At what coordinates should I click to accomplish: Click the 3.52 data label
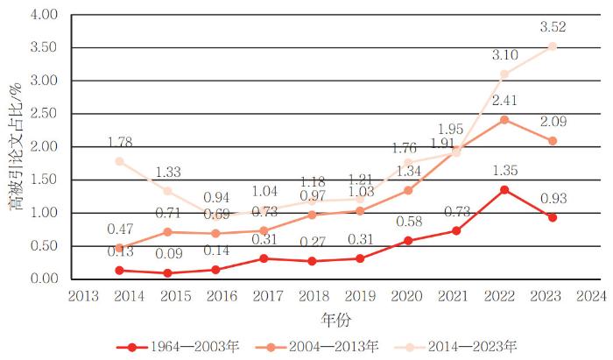pos(553,27)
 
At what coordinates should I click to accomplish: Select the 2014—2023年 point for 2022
pos(504,74)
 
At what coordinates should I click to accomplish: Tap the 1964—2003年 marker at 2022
pos(504,189)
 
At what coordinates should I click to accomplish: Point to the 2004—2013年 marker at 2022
pos(504,119)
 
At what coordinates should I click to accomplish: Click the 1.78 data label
pos(119,142)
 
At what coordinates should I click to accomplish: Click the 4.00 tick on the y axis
pos(44,15)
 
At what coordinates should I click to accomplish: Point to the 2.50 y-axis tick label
pos(44,114)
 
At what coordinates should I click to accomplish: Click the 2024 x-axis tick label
pos(590,297)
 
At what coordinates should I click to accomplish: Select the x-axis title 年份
pos(336,320)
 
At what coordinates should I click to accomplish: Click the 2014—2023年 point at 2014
pos(119,161)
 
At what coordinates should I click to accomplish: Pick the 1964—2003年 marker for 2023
pos(553,217)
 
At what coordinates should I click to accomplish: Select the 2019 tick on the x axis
pos(360,297)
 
